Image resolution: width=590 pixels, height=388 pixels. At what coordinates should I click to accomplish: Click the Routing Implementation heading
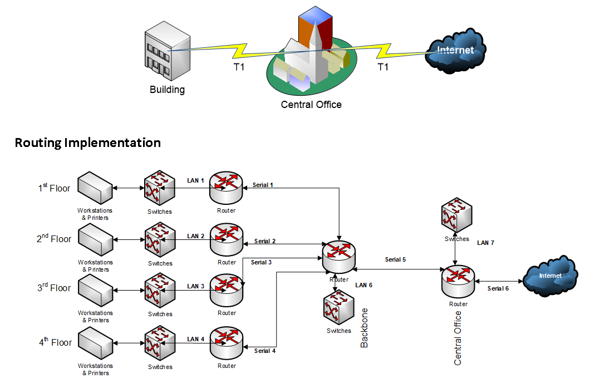tap(87, 143)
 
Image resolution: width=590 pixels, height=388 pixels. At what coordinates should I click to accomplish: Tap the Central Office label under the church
tap(311, 104)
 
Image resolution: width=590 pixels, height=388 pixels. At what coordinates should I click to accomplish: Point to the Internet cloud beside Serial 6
tap(550, 276)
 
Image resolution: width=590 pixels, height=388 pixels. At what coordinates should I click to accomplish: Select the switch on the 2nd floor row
tap(160, 240)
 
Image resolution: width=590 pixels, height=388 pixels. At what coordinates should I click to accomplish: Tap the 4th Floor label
tap(55, 342)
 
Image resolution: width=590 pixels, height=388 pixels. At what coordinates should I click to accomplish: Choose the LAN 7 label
tap(485, 243)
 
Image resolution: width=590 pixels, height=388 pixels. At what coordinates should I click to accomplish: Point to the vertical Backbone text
tap(365, 328)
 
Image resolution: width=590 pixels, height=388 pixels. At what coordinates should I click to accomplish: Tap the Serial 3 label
tap(261, 262)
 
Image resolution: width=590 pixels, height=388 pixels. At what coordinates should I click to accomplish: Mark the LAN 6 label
tap(363, 285)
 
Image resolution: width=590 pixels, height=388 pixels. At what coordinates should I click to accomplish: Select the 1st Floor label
tap(54, 188)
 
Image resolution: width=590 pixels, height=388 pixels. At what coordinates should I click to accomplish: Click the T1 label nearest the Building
tap(238, 67)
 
